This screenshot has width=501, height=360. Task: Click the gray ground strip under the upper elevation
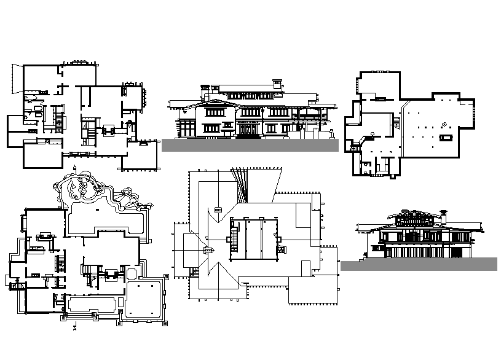pos(250,145)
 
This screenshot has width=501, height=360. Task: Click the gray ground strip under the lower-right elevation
pos(418,264)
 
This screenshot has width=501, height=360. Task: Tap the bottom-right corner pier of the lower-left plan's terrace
pos(166,321)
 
